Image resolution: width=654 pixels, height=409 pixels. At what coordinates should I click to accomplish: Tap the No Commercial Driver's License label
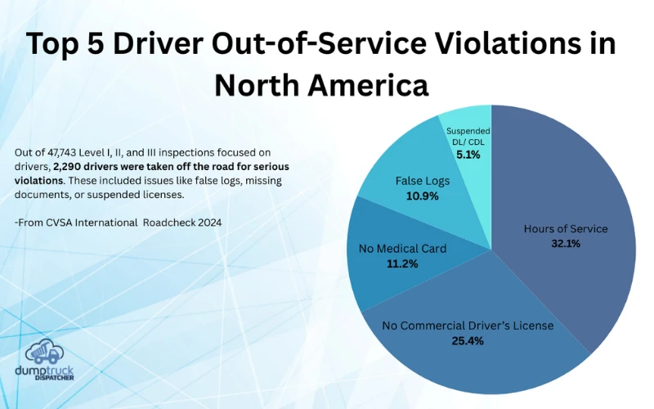click(468, 326)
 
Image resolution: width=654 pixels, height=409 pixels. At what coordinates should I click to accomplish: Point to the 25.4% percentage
click(468, 340)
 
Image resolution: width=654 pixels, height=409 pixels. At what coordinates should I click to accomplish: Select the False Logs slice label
click(422, 182)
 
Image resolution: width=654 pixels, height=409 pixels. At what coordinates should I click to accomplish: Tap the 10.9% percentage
click(422, 196)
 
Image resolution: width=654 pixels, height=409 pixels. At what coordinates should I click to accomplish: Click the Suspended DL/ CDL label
click(468, 137)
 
